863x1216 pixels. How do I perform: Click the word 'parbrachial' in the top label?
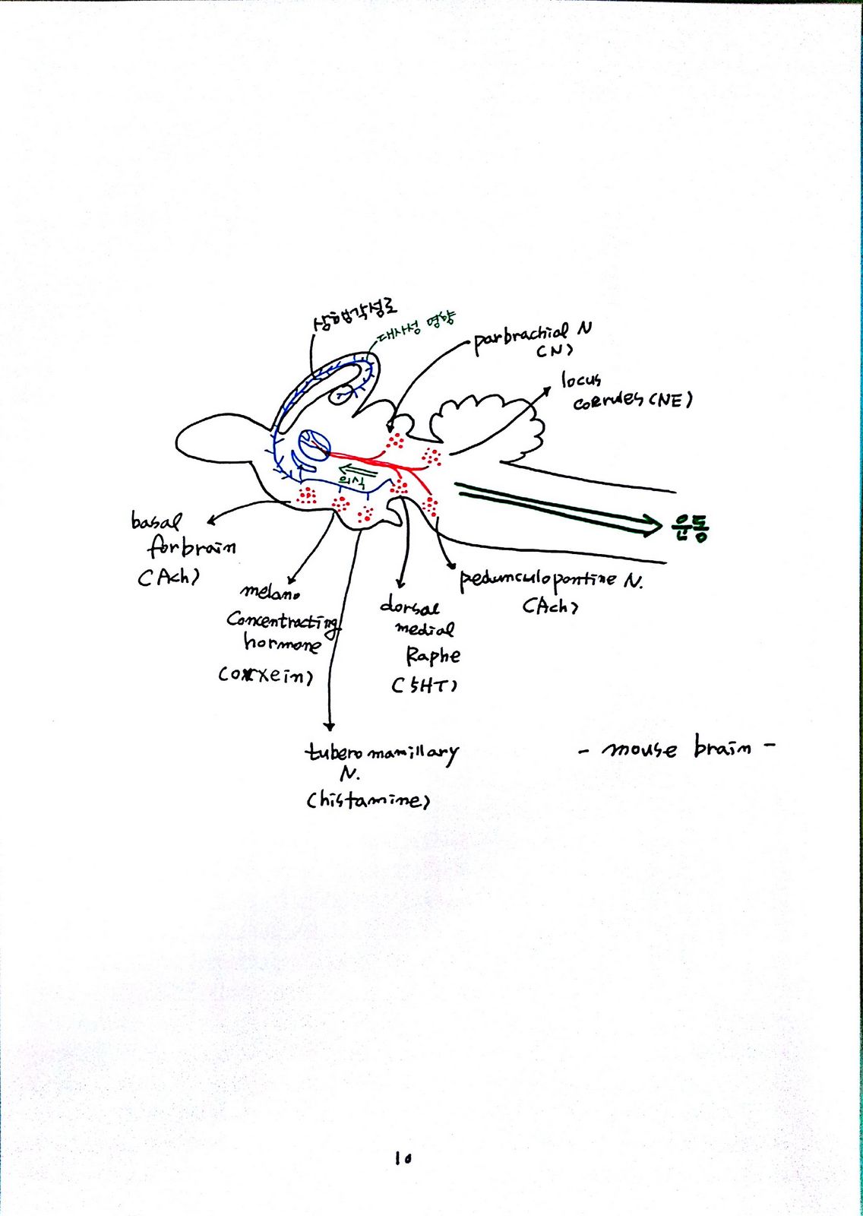tap(520, 337)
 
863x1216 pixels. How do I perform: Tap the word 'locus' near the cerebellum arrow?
tap(581, 379)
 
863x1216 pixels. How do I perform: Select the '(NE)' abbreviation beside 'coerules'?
tap(670, 399)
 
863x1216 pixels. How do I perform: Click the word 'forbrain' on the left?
tap(191, 547)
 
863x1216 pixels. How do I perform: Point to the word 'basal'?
tap(156, 521)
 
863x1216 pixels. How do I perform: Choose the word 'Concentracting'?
tap(283, 621)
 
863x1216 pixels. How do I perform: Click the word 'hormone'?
tap(282, 644)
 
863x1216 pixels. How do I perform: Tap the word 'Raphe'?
tap(432, 655)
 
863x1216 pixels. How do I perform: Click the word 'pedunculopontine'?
tap(538, 580)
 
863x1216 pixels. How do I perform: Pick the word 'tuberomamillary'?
tap(381, 752)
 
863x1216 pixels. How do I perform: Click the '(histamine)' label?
tap(368, 800)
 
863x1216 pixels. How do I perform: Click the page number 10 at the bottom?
tap(403, 1158)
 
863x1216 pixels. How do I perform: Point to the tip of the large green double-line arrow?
tap(659, 524)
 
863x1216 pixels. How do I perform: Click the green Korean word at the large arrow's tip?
tap(690, 526)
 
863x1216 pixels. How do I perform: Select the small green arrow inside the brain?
tap(352, 468)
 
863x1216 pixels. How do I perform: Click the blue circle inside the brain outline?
tap(313, 445)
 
